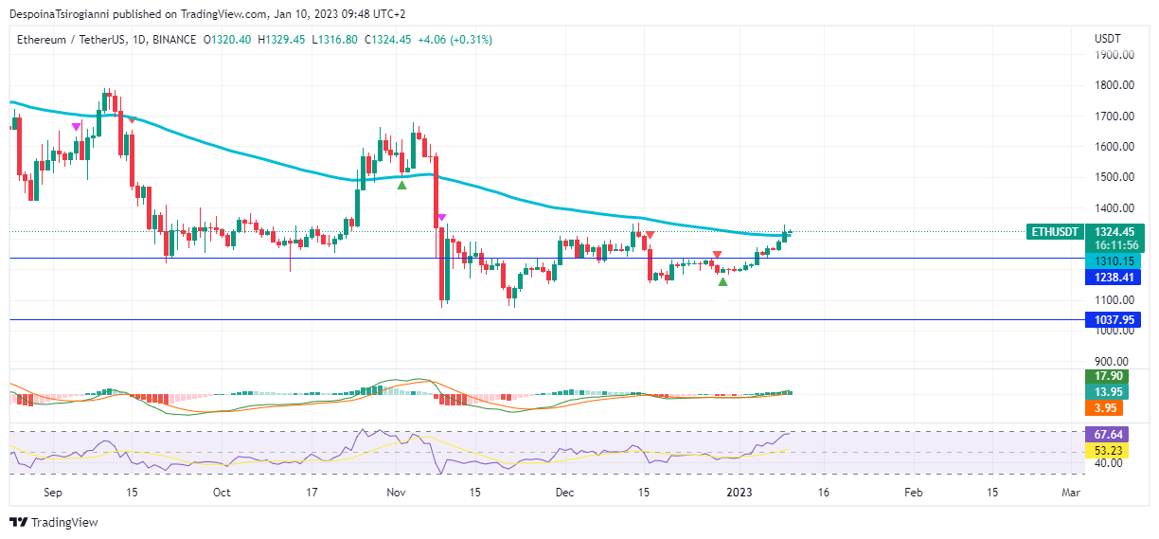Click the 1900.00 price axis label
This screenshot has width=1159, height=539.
coord(1114,54)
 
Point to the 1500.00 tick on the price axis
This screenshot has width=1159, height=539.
coord(1114,177)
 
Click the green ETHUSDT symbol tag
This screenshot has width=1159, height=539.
coord(1053,231)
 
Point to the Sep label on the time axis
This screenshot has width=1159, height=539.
coord(53,493)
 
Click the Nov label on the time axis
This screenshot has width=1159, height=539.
coord(396,493)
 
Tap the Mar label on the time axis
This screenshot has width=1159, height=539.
coord(1071,493)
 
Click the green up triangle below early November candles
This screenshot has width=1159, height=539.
coord(401,185)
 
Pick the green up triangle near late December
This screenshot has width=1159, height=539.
coord(722,281)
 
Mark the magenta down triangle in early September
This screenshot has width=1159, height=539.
coord(77,127)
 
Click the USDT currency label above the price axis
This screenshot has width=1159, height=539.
coord(1107,39)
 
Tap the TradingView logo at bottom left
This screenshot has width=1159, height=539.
coord(54,523)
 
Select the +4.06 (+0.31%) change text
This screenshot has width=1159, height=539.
coord(456,39)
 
